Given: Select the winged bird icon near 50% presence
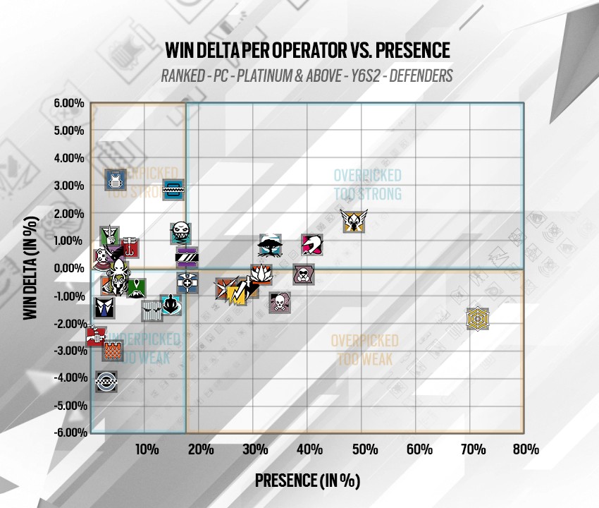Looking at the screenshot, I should (x=352, y=221).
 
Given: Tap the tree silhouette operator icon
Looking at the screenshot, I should (x=270, y=246).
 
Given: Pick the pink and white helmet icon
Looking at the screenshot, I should (x=311, y=245).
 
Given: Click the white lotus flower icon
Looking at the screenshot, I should (x=261, y=274).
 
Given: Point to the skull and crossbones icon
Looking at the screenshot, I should (x=280, y=303).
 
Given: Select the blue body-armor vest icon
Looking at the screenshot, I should (x=115, y=180).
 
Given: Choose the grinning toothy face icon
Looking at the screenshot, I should (x=181, y=231).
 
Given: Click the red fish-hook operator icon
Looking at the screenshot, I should (x=130, y=247).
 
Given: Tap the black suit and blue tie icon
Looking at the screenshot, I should (x=104, y=307).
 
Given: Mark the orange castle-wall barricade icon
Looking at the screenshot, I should (x=113, y=350).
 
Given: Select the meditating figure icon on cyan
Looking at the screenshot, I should (x=170, y=305).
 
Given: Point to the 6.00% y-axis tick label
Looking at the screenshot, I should (x=69, y=104).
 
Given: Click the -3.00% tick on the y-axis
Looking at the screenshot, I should (x=69, y=351).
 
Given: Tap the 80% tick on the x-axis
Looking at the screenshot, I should (x=526, y=449).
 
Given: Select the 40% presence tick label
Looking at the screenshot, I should (x=309, y=449).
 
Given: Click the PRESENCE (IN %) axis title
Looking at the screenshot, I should (x=307, y=480).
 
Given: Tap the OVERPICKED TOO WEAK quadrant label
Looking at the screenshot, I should (x=364, y=350).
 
